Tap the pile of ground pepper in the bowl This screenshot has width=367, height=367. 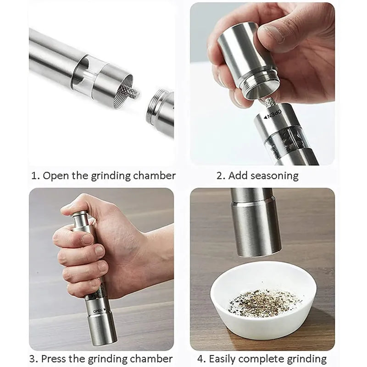pyautogui.click(x=264, y=302)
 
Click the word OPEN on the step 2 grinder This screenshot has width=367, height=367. pyautogui.click(x=274, y=113)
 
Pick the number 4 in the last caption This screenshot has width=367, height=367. pyautogui.click(x=200, y=358)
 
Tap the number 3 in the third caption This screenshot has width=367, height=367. pyautogui.click(x=33, y=358)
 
